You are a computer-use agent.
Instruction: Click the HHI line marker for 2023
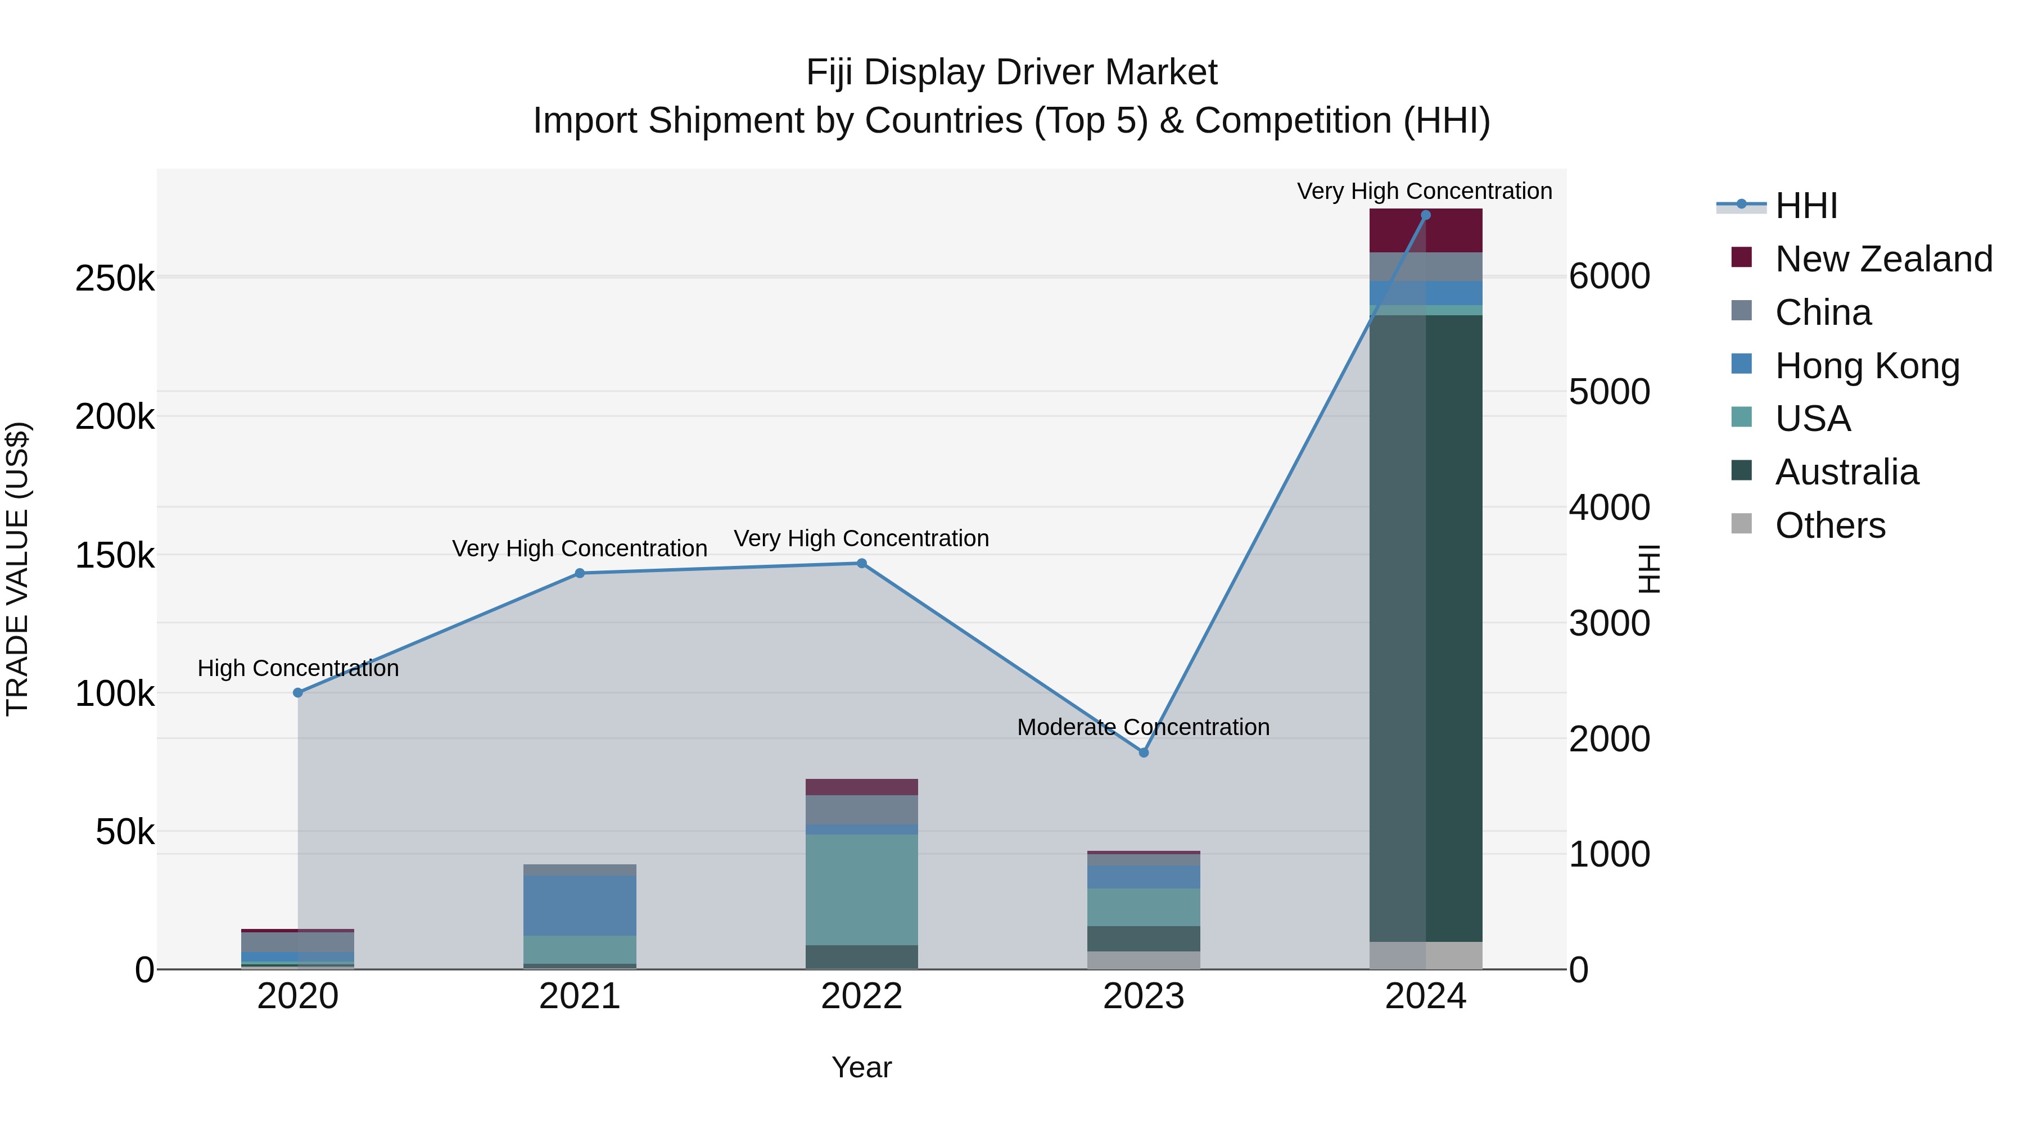(x=1143, y=752)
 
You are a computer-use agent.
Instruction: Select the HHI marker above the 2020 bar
(x=298, y=693)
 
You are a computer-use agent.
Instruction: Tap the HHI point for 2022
(x=861, y=563)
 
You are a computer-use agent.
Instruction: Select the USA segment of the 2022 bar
(x=861, y=889)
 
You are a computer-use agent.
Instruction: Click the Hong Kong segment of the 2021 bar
(x=580, y=905)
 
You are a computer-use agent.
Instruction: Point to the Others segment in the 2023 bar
(x=1143, y=960)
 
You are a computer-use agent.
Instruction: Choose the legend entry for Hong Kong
(x=1867, y=366)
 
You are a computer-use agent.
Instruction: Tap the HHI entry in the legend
(x=1805, y=206)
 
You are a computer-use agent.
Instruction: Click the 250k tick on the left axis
(x=115, y=278)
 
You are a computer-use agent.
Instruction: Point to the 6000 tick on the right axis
(x=1609, y=276)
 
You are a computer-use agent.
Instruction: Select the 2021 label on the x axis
(x=580, y=996)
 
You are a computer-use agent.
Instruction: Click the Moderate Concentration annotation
(x=1143, y=727)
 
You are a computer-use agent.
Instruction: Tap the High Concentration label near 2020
(x=298, y=668)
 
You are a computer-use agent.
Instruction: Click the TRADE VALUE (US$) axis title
(x=17, y=569)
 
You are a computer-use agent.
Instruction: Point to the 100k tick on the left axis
(x=115, y=694)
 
